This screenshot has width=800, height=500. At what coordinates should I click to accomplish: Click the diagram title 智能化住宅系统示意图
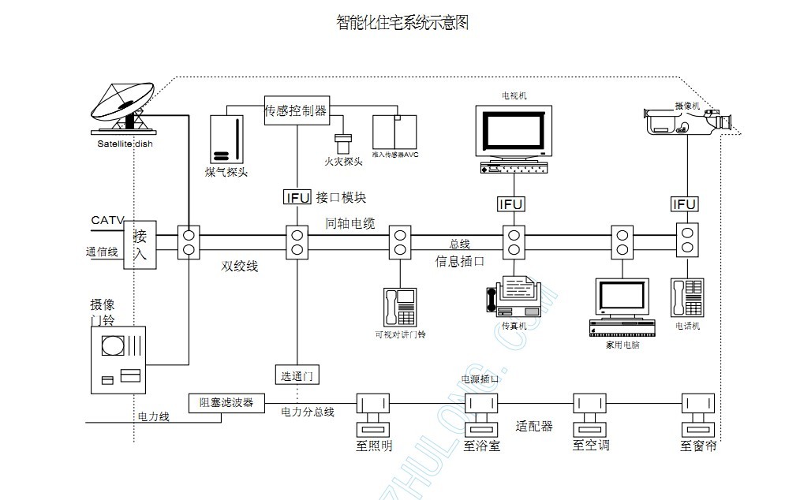tap(402, 21)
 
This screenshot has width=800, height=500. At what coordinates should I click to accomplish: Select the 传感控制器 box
tap(296, 110)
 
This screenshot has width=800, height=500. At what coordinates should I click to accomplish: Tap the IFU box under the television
tap(511, 204)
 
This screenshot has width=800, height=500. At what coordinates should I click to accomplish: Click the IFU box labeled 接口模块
tap(297, 197)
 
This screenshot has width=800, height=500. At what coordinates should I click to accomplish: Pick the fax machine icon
tap(516, 294)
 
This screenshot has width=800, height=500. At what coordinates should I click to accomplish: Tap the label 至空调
tap(591, 446)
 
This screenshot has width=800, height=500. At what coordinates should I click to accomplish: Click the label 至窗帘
tap(699, 446)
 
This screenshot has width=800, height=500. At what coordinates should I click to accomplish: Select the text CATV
tap(107, 220)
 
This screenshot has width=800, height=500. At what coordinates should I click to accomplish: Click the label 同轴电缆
tap(350, 223)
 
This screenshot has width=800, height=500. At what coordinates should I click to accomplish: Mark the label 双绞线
tap(239, 267)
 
